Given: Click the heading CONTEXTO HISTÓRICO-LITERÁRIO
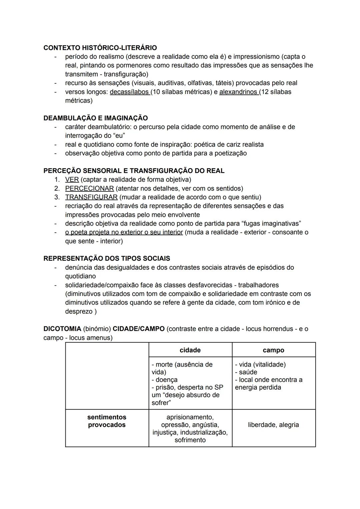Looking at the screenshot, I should click(x=100, y=48).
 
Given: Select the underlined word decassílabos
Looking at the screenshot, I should click(x=129, y=92).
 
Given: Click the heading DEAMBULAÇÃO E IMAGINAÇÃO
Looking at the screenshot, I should click(x=95, y=118).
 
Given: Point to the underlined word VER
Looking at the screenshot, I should click(x=72, y=180).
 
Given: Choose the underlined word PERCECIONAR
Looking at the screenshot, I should click(x=89, y=188).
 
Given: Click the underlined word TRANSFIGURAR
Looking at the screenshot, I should click(x=91, y=197).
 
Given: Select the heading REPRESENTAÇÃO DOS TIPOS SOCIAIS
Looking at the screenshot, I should click(x=107, y=258).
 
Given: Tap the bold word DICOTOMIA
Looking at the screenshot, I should click(x=62, y=329).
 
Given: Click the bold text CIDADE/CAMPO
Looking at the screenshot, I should click(x=139, y=329).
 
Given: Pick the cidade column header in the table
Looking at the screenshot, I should click(x=190, y=350).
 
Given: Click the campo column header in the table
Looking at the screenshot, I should click(x=273, y=350).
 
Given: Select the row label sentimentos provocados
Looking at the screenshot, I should click(x=107, y=421).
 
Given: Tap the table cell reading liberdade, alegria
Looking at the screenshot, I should click(x=273, y=425).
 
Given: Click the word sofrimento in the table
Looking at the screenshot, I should click(x=190, y=440).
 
